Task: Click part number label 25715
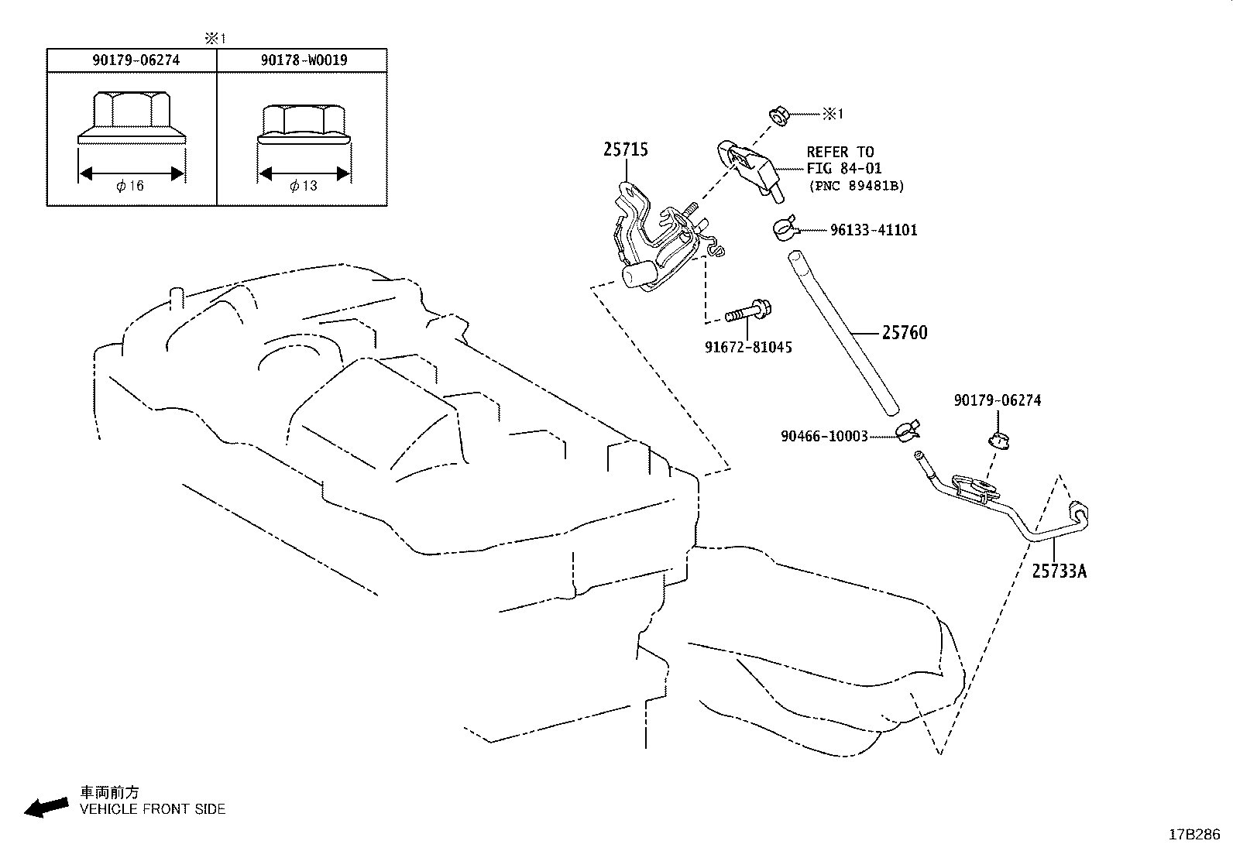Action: point(626,149)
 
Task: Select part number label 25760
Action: point(904,333)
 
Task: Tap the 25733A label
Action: point(1059,571)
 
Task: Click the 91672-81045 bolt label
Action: point(748,348)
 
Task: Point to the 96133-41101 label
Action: point(873,230)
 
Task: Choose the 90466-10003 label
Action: point(824,437)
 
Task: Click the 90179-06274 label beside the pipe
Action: point(998,400)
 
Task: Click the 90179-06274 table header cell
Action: point(132,60)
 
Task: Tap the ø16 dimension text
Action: point(131,186)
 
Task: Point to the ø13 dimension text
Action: point(303,186)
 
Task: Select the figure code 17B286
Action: point(1194,834)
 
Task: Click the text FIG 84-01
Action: point(843,168)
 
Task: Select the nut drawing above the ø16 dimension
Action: point(131,117)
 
